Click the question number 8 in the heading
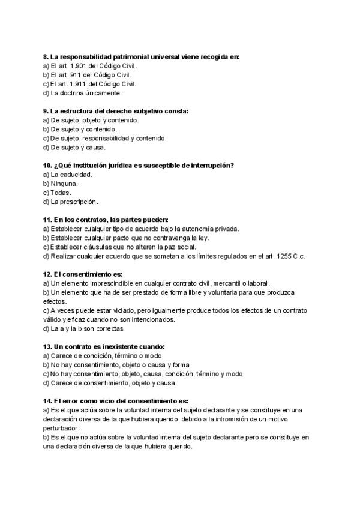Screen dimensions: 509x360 click(x=46, y=56)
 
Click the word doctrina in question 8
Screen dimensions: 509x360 click(x=73, y=93)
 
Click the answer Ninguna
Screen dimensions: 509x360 click(x=65, y=183)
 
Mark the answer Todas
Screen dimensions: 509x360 click(x=61, y=193)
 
